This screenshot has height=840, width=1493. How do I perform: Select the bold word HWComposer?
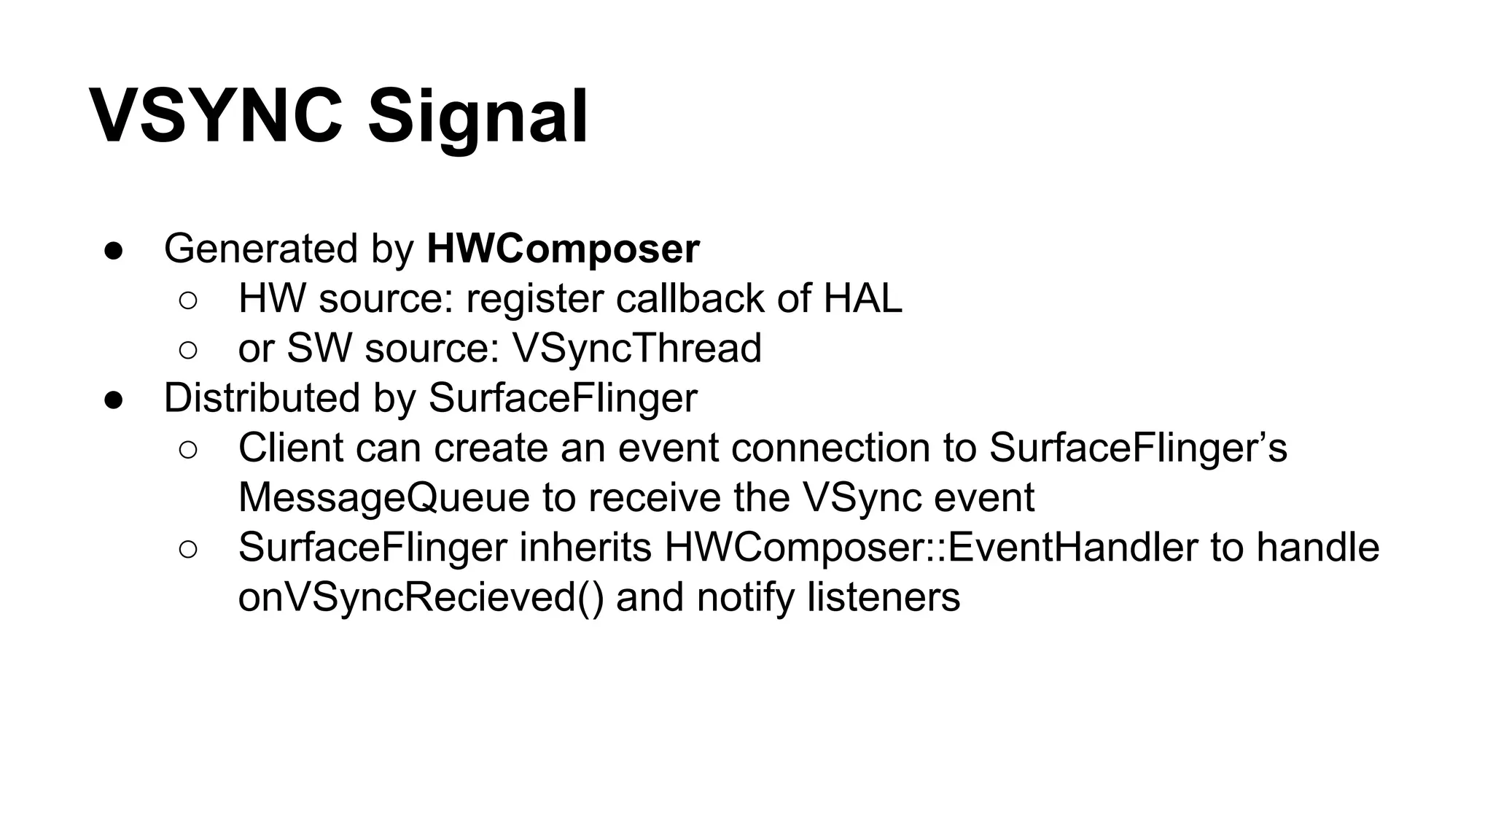point(563,249)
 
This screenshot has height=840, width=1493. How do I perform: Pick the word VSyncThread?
point(637,348)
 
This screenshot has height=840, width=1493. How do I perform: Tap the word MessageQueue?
point(384,497)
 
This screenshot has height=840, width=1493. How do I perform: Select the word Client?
point(291,448)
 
